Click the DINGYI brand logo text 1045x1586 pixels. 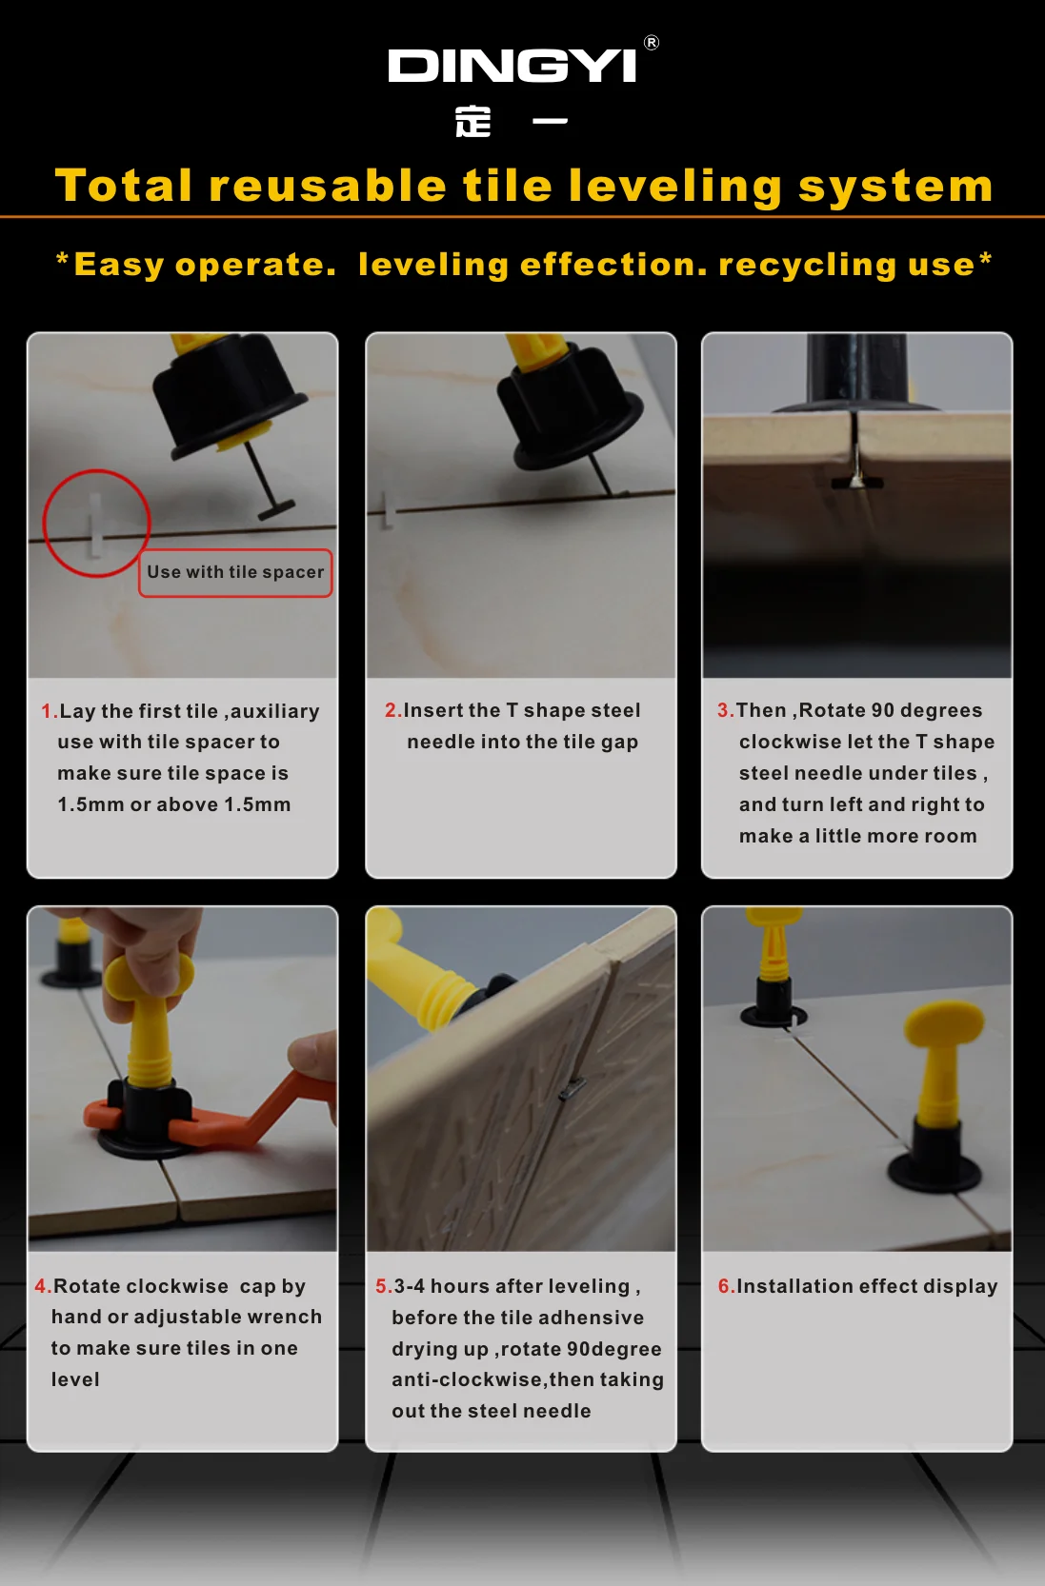tap(512, 66)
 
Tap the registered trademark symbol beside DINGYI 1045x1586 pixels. tap(652, 43)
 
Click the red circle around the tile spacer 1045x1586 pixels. tap(96, 523)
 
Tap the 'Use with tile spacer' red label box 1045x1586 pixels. tap(235, 572)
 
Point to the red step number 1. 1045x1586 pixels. tap(48, 711)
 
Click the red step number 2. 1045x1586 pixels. tap(392, 710)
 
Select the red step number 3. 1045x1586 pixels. tap(724, 710)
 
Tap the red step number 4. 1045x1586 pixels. tap(41, 1286)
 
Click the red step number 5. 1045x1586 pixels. tap(382, 1286)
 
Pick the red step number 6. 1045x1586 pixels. tap(725, 1286)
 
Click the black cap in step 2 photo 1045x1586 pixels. tap(568, 409)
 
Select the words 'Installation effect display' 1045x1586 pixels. tap(867, 1286)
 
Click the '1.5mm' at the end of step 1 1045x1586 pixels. tap(257, 804)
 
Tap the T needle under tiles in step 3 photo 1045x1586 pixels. tap(857, 482)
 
